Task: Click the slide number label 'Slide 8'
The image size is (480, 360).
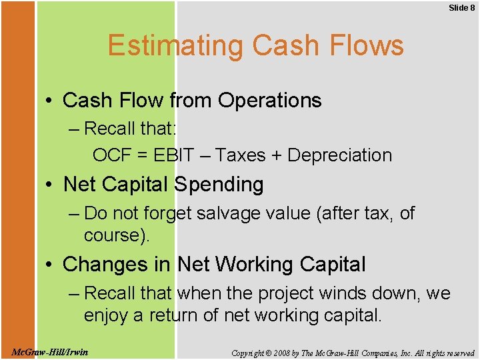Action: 461,7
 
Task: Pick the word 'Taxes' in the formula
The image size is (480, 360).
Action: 241,155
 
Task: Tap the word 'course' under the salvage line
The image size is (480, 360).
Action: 114,236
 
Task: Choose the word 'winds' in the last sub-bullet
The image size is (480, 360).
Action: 345,293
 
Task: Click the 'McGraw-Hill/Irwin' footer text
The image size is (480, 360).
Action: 50,351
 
